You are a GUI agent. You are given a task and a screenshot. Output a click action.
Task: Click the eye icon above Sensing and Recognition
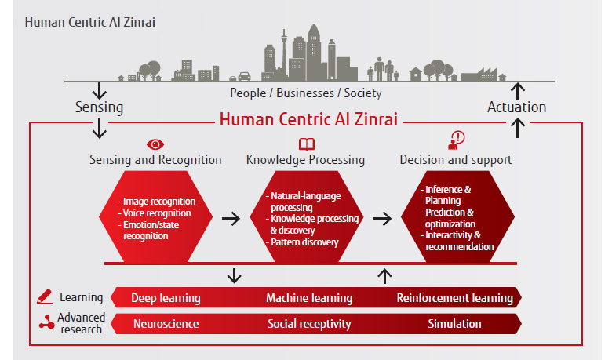click(155, 144)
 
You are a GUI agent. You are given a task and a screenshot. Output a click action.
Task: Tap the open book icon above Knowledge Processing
click(306, 144)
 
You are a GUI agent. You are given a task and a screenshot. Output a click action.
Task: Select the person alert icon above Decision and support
click(456, 140)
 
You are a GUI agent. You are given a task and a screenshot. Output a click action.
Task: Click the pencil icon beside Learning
click(46, 297)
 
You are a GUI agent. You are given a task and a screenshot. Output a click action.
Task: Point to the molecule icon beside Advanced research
click(46, 322)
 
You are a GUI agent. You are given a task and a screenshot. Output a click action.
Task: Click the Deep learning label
click(166, 298)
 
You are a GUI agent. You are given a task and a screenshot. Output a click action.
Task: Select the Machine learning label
click(309, 298)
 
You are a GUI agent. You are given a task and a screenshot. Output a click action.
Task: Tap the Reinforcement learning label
click(454, 298)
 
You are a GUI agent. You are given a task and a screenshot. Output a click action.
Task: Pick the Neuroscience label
click(166, 323)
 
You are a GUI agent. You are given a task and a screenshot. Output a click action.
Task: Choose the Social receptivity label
click(309, 323)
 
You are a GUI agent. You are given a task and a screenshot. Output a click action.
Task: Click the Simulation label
click(454, 323)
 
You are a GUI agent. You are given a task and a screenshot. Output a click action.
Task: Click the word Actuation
click(516, 107)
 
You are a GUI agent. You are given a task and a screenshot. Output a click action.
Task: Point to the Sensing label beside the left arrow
click(99, 107)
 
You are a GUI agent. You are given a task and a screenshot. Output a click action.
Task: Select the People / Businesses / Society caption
click(306, 93)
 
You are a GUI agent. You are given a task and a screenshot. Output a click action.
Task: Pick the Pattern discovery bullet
click(304, 242)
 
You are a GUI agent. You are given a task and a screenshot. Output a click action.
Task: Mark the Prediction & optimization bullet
click(449, 217)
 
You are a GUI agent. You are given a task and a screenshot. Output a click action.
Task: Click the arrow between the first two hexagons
click(231, 217)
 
